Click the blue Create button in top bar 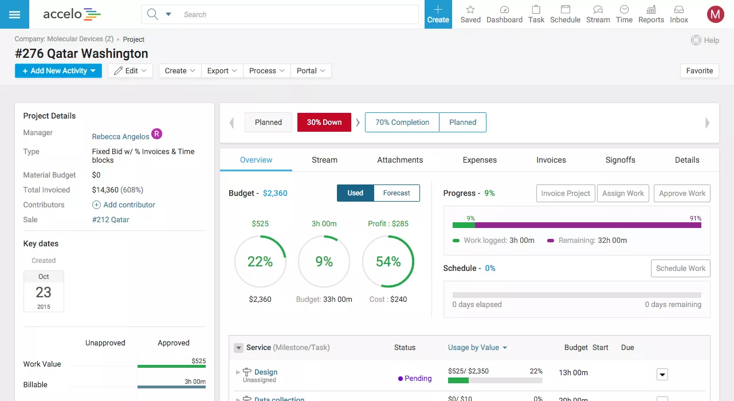(x=438, y=14)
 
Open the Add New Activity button (x=58, y=71)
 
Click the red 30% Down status (x=324, y=122)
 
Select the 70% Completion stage (x=402, y=122)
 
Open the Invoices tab (x=551, y=160)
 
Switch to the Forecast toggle (x=397, y=193)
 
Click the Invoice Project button (x=566, y=193)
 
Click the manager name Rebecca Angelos (x=120, y=136)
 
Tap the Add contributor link (x=129, y=205)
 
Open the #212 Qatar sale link (x=111, y=219)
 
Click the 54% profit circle (x=388, y=261)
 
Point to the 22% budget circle (x=260, y=261)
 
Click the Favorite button (x=699, y=71)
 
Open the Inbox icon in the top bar (x=679, y=14)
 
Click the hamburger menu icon (x=14, y=14)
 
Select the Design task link (x=266, y=372)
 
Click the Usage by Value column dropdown (x=477, y=347)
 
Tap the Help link (x=705, y=40)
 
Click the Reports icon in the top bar (x=651, y=14)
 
